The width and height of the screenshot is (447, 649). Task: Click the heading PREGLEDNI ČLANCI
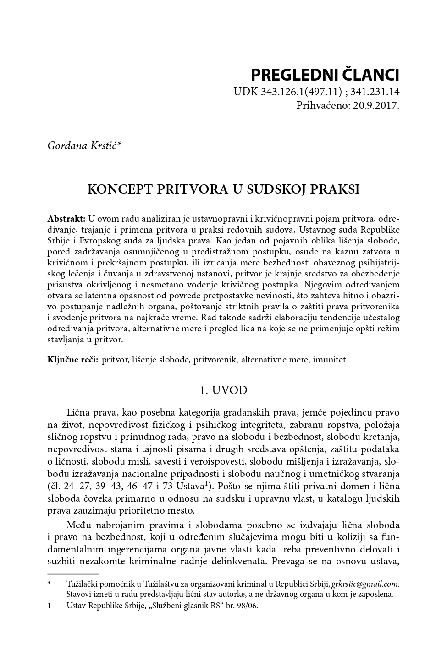coord(325,75)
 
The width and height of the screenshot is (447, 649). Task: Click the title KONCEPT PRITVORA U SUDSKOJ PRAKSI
coord(223,189)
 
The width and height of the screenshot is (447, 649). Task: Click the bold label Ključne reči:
coord(72,359)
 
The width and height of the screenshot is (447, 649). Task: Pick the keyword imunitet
coord(329,359)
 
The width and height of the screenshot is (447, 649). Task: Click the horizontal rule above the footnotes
coord(73,573)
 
